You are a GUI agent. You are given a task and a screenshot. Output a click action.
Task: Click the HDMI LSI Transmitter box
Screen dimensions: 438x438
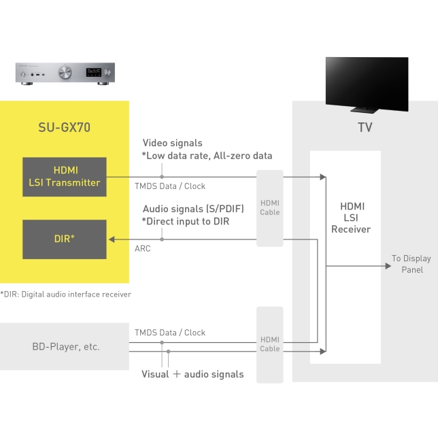pos(64,177)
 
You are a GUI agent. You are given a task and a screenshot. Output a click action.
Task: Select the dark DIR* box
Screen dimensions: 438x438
pos(64,239)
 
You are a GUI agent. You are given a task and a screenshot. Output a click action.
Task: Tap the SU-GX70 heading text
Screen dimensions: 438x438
pos(64,127)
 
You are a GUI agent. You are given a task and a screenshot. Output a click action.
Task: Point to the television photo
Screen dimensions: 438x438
pos(367,83)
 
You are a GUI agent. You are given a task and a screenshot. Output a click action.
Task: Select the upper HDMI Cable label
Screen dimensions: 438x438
pos(269,207)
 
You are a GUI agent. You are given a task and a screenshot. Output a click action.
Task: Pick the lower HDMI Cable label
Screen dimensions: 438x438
pos(269,344)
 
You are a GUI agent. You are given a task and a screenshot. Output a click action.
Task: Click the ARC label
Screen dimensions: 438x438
pos(143,249)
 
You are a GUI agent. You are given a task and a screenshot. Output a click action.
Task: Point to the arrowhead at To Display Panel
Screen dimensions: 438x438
pos(386,265)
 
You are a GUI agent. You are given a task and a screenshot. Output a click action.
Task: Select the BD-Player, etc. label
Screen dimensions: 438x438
pos(65,346)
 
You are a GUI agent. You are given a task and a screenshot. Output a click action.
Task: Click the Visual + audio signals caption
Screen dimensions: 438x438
pos(192,374)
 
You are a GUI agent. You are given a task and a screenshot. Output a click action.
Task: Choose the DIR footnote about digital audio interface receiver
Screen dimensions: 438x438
pos(66,294)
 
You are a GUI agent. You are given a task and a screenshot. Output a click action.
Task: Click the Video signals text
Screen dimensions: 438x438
pos(172,144)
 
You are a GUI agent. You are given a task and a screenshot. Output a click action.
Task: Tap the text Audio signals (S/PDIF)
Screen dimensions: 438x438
pos(193,209)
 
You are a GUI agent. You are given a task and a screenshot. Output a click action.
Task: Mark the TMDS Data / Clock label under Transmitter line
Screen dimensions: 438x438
pos(169,186)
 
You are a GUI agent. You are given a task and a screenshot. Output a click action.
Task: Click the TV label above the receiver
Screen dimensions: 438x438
pos(365,128)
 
